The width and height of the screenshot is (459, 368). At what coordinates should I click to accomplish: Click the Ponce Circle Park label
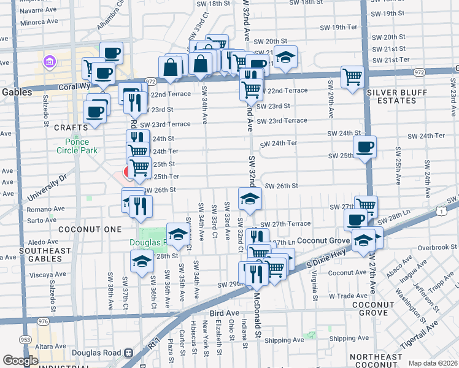tap(77, 145)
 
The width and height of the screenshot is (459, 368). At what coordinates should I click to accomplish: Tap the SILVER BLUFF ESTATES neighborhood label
tap(400, 96)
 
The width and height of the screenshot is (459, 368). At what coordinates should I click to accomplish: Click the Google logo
tap(20, 361)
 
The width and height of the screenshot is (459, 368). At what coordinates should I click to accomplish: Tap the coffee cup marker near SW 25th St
tap(364, 147)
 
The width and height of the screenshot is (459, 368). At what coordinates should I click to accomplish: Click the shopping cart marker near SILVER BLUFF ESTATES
tap(352, 77)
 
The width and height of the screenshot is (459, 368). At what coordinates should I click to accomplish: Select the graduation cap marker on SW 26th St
tap(250, 199)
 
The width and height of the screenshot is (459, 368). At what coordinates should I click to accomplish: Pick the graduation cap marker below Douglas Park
tap(142, 262)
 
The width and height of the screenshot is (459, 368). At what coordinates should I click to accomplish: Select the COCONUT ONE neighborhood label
tap(82, 229)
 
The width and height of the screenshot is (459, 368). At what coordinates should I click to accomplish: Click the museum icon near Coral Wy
tap(49, 61)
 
